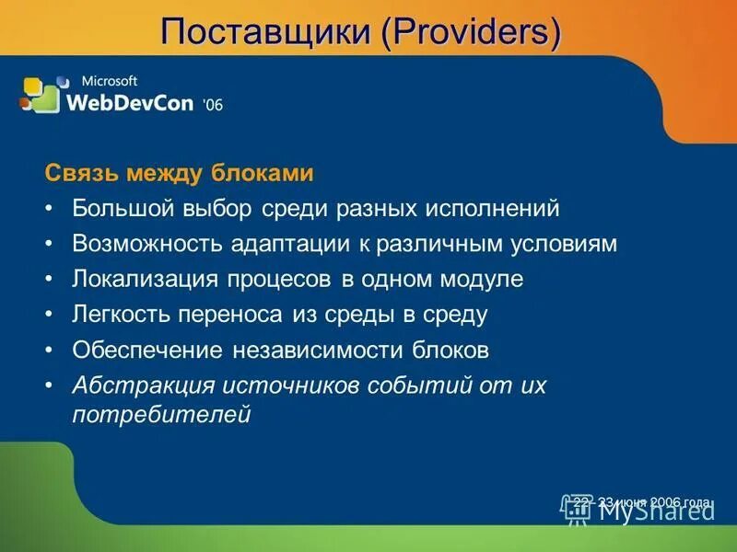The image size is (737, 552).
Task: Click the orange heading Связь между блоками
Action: [180, 173]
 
